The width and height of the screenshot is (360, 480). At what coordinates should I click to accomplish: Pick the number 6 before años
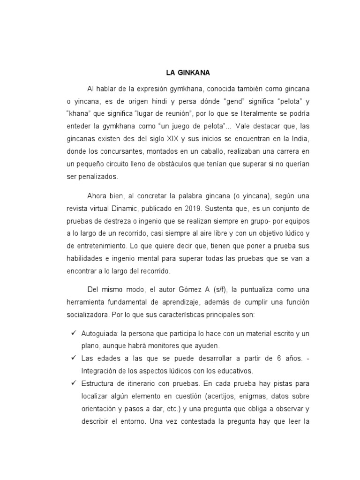click(278, 359)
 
